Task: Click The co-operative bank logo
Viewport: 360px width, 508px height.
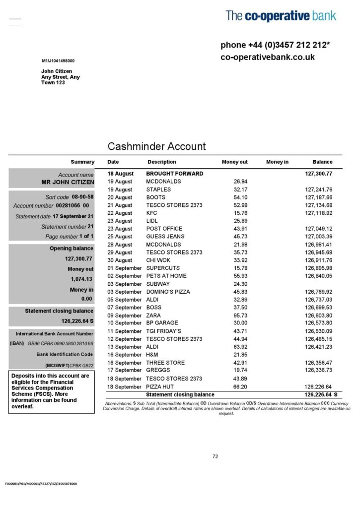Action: [x=281, y=16]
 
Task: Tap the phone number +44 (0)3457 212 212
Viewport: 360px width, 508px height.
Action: [x=275, y=45]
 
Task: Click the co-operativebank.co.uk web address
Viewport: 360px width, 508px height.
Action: [x=268, y=57]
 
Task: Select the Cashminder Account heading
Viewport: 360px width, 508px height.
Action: [x=156, y=146]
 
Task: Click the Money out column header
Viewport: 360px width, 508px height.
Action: [x=234, y=162]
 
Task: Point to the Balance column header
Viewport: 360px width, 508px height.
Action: [x=322, y=162]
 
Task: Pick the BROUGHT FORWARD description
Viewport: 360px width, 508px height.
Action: [x=174, y=174]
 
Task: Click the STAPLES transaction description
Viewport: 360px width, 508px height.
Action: [x=158, y=190]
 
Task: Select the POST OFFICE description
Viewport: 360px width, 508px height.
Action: [x=165, y=229]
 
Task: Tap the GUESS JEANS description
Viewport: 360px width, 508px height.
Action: [x=165, y=237]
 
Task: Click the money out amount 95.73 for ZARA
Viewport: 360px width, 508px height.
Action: [x=240, y=316]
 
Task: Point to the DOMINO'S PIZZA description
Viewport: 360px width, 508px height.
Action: [x=168, y=292]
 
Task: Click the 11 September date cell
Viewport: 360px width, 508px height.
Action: [x=125, y=331]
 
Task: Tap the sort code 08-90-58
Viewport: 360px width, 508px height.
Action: [x=82, y=197]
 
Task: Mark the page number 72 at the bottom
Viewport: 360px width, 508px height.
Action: [x=215, y=456]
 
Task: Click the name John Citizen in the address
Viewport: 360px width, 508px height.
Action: [x=56, y=71]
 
